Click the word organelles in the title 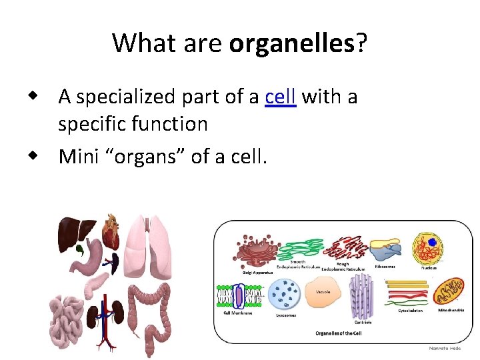pyautogui.click(x=291, y=43)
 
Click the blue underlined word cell pyautogui.click(x=280, y=97)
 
